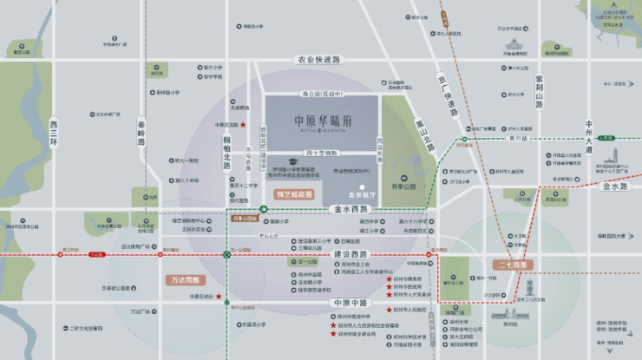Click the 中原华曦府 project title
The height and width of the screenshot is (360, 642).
point(320,122)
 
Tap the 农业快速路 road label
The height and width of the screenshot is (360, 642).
point(320,60)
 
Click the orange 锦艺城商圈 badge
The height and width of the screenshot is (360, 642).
point(295,196)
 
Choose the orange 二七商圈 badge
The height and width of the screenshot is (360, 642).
point(514,264)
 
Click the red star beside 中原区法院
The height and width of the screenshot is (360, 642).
point(242,124)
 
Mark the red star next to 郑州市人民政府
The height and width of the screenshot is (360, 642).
point(387,309)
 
